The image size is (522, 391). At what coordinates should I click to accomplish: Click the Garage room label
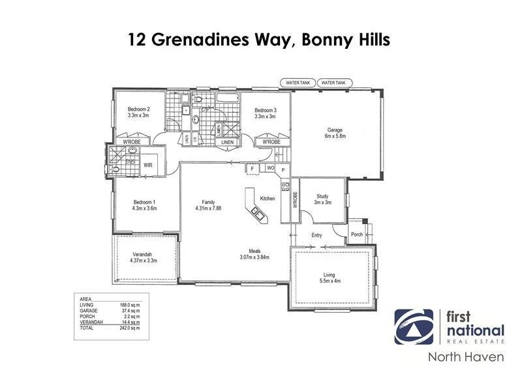[x=335, y=130]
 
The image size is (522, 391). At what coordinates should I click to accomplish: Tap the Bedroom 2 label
[x=138, y=109]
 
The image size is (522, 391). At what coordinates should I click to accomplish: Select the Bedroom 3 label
[x=265, y=109]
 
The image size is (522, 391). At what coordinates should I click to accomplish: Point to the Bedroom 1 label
[x=145, y=202]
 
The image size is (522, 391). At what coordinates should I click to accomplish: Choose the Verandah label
[x=144, y=254]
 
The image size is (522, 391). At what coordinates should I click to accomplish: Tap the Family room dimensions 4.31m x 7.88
[x=208, y=209]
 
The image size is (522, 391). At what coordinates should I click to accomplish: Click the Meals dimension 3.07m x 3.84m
[x=254, y=257]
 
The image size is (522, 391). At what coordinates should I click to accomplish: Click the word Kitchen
[x=268, y=198]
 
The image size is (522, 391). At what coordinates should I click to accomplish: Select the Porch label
[x=357, y=235]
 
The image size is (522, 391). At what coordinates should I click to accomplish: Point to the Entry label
[x=317, y=235]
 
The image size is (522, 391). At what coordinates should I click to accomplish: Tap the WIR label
[x=148, y=166]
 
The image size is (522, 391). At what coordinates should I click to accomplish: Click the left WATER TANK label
[x=298, y=83]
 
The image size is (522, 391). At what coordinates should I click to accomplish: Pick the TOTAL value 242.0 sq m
[x=129, y=328]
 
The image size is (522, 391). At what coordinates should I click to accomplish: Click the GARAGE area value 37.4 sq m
[x=129, y=310]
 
